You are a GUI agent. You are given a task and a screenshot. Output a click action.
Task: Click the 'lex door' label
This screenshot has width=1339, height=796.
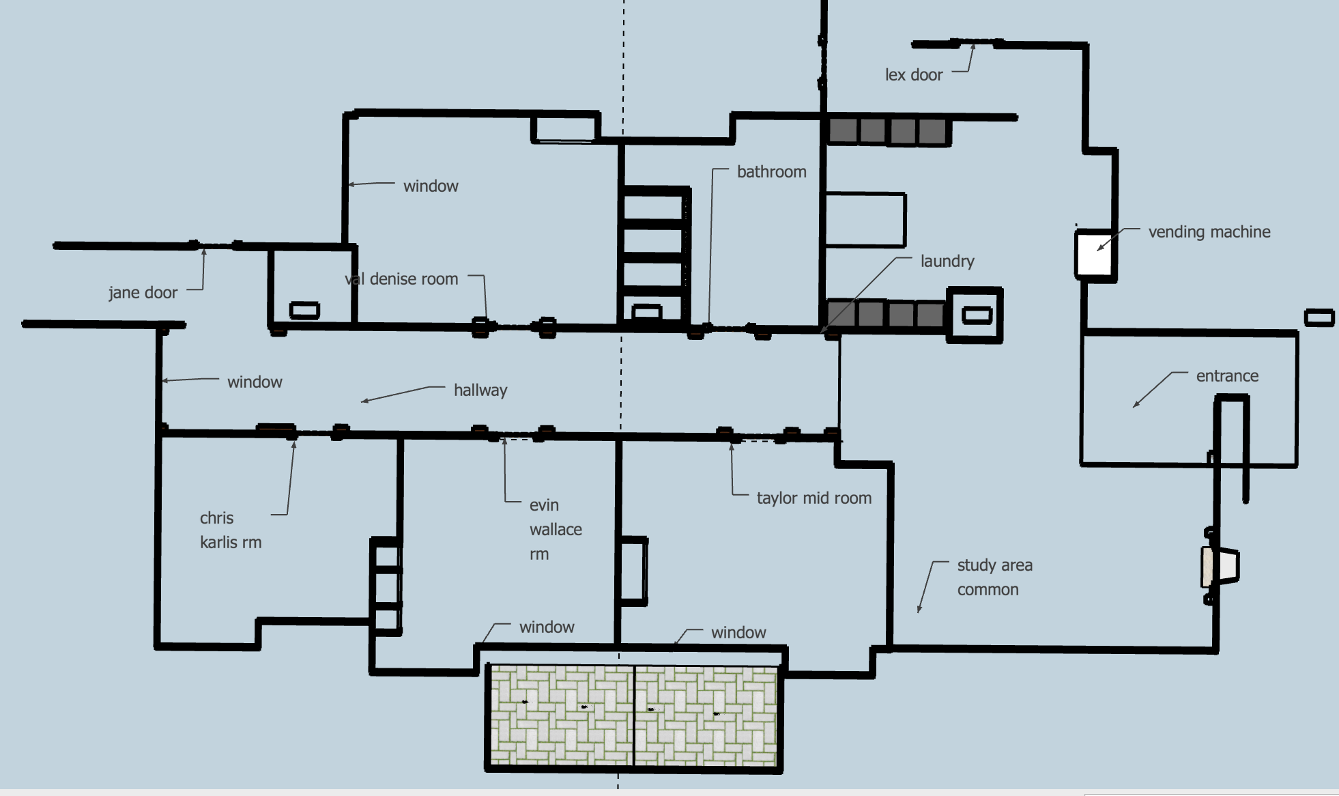913,75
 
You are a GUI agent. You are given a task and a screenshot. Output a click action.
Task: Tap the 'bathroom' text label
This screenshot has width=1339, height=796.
771,172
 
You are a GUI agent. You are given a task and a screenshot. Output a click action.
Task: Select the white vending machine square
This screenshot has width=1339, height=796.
1094,253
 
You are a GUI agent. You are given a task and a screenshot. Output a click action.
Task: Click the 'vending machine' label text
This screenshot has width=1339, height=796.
1209,232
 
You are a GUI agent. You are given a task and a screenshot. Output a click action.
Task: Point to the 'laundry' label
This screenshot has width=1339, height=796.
947,261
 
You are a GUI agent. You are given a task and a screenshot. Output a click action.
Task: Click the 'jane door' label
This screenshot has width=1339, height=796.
143,293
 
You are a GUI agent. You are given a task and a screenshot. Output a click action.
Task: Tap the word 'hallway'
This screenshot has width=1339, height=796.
480,390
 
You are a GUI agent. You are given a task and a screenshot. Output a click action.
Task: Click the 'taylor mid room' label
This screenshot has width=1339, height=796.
814,498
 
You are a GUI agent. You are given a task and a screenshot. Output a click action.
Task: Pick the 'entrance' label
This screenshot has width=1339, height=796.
1226,376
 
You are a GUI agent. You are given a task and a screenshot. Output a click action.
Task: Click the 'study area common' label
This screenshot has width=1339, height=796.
994,578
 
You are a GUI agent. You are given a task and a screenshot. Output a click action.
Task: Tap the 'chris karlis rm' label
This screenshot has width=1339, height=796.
230,530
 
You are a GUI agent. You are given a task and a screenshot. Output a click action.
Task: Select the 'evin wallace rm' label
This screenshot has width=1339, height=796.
555,530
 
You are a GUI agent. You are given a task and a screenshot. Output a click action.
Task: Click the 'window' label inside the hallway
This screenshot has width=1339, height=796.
255,382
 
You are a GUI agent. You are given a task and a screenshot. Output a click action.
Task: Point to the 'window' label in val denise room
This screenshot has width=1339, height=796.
431,186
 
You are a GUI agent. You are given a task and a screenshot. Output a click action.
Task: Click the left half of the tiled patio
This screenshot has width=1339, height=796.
561,715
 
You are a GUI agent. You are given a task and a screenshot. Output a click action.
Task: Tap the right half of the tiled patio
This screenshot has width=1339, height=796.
706,715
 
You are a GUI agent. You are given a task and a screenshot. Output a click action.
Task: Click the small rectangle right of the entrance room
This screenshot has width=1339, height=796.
1319,317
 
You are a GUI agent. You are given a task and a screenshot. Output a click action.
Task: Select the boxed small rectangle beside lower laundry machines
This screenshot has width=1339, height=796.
976,315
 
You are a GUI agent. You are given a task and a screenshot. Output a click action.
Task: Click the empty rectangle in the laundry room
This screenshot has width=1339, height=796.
865,220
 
